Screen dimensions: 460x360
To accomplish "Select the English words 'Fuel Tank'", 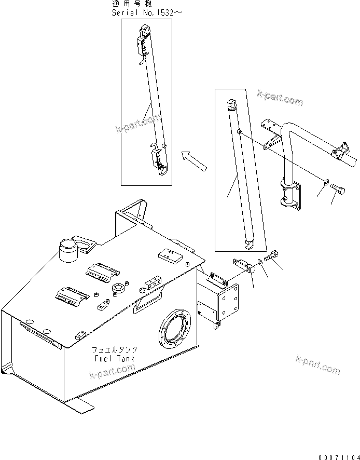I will pyautogui.click(x=114, y=358).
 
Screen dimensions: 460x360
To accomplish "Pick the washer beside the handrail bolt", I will pyautogui.click(x=324, y=183).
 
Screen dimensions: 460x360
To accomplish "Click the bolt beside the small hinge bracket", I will pyautogui.click(x=272, y=256).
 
